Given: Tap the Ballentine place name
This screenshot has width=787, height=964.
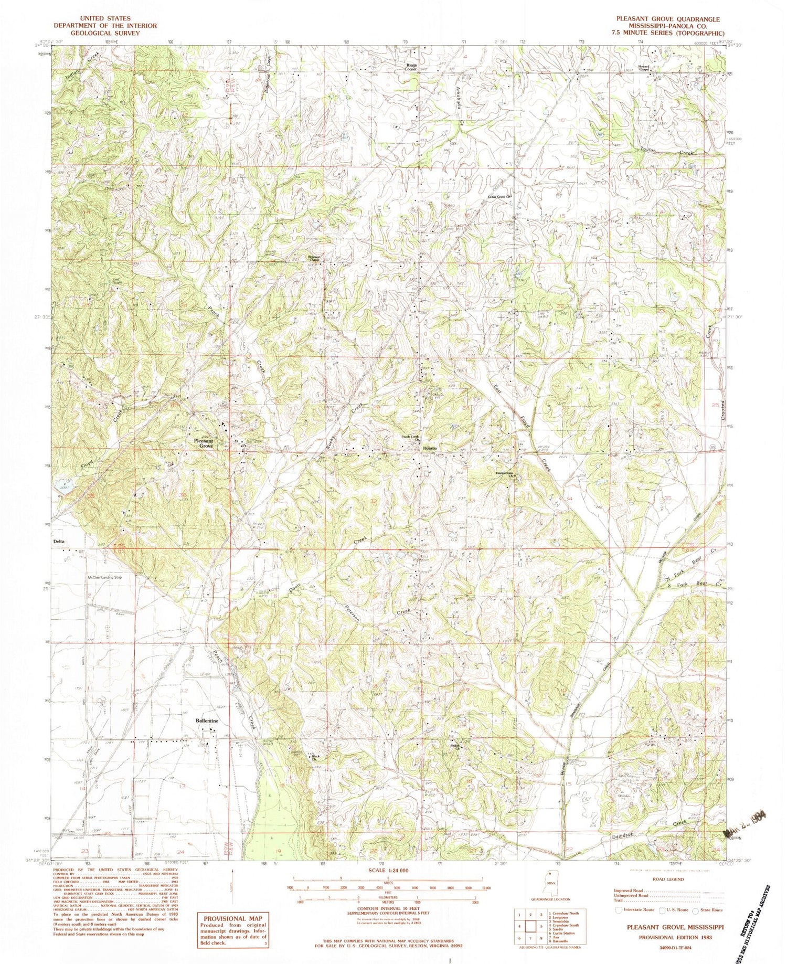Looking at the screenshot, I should (207, 721).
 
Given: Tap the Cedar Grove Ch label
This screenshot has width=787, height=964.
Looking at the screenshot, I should (498, 197).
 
